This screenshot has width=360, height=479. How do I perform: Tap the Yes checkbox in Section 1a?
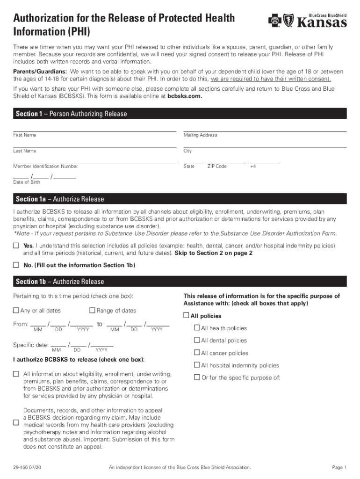click(x=16, y=246)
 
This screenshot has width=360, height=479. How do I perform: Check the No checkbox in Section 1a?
click(x=16, y=265)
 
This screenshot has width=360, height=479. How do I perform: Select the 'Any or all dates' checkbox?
click(x=16, y=310)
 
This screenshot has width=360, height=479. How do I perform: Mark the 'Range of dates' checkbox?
click(x=92, y=310)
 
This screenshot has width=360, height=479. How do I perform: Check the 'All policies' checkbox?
click(x=186, y=316)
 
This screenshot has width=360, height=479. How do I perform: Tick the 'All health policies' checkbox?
click(x=197, y=328)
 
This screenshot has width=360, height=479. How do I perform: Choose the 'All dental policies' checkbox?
click(x=197, y=340)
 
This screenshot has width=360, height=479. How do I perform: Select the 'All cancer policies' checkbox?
click(x=197, y=353)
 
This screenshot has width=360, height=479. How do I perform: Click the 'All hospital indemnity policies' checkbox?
click(x=197, y=365)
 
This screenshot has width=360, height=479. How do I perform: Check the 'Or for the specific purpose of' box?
click(x=197, y=377)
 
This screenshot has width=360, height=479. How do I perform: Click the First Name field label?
click(x=25, y=135)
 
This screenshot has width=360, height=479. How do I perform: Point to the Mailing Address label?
click(x=200, y=135)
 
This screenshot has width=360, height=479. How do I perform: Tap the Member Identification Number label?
click(x=45, y=167)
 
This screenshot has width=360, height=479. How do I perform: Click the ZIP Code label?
click(x=217, y=167)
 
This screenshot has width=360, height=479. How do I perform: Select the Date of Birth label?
click(x=27, y=182)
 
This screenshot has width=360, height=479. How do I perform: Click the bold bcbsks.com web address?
click(x=185, y=96)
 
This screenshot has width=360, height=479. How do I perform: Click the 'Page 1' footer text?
click(x=339, y=467)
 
